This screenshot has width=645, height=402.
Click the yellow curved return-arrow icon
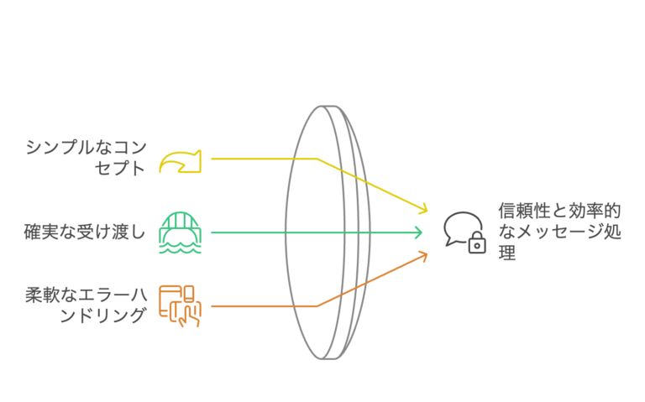[180, 160]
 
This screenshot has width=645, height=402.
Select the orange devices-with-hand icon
[179, 305]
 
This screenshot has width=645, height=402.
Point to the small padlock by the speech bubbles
[477, 243]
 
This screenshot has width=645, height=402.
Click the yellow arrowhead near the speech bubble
[422, 207]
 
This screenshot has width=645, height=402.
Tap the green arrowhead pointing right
[417, 232]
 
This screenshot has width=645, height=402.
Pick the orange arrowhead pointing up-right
[422, 255]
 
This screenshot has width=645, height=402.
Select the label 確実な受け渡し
[85, 232]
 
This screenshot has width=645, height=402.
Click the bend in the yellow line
[317, 159]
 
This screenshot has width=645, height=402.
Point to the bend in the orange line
[317, 306]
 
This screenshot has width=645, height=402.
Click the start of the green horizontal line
[212, 232]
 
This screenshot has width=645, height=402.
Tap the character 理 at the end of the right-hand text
[506, 253]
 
